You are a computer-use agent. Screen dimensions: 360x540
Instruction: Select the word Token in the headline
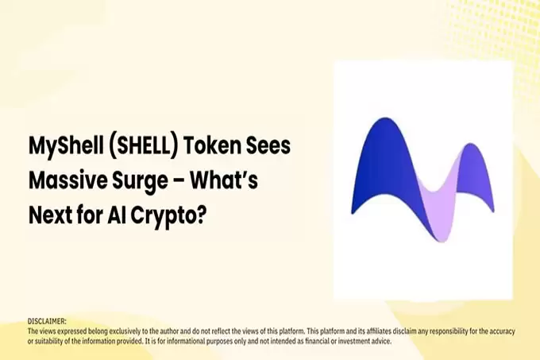tap(211, 147)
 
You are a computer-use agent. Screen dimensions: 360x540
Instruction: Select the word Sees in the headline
tap(266, 147)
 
